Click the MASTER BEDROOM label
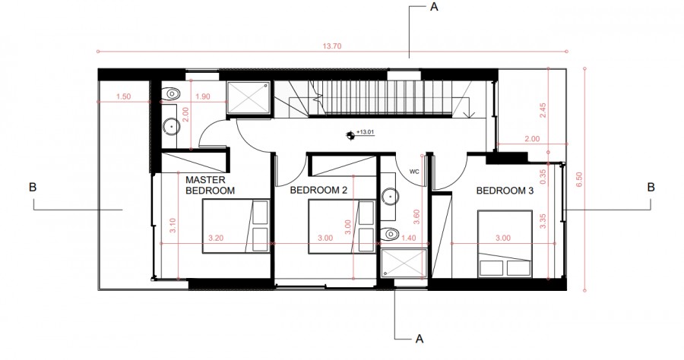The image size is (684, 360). point(211,185)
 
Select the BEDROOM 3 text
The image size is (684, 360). point(505,191)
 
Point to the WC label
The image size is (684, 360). point(415,171)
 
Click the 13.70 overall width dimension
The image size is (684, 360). point(332,46)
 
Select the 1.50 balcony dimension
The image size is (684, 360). point(125,96)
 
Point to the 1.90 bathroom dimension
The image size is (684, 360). point(203,96)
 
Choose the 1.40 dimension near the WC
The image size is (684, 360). point(409,238)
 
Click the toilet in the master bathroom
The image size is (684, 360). point(173,93)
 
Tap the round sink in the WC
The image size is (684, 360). point(391,195)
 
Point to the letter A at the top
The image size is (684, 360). point(433,8)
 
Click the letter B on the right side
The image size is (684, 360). point(651,186)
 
